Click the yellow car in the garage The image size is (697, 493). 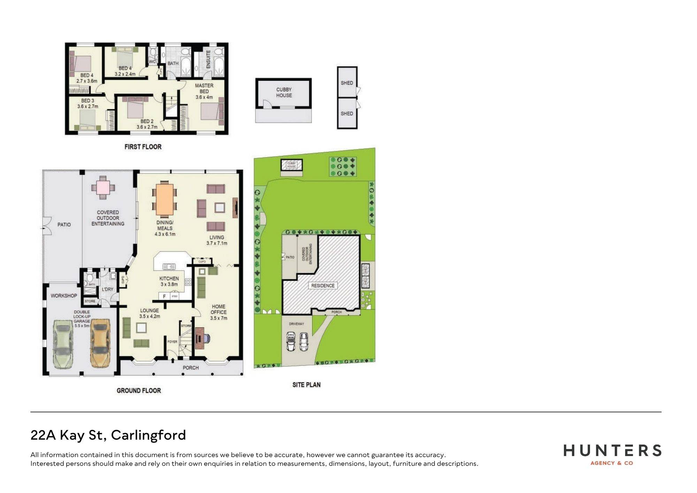coord(100,343)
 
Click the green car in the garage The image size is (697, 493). coord(63,343)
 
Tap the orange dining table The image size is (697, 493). coord(165,199)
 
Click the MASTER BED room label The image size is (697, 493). coord(204,91)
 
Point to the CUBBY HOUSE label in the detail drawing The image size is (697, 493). coord(284,92)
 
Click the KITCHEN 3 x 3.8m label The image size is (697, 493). coord(169,281)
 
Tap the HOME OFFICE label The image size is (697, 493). coord(219,312)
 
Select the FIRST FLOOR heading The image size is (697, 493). coord(143,147)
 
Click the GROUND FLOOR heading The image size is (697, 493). coord(139,390)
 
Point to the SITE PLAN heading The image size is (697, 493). coord(306,385)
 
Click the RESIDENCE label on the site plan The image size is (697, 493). coord(323,286)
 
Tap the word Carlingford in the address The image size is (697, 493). coord(148,435)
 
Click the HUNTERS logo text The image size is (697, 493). coord(612,450)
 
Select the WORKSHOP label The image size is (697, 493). coord(64,296)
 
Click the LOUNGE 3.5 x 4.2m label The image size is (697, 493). coord(150,313)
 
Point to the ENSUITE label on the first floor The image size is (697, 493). coord(208,59)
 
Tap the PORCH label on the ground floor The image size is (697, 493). coord(191,367)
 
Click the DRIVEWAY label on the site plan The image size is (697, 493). coord(297,324)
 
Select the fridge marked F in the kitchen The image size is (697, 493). coord(164,296)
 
